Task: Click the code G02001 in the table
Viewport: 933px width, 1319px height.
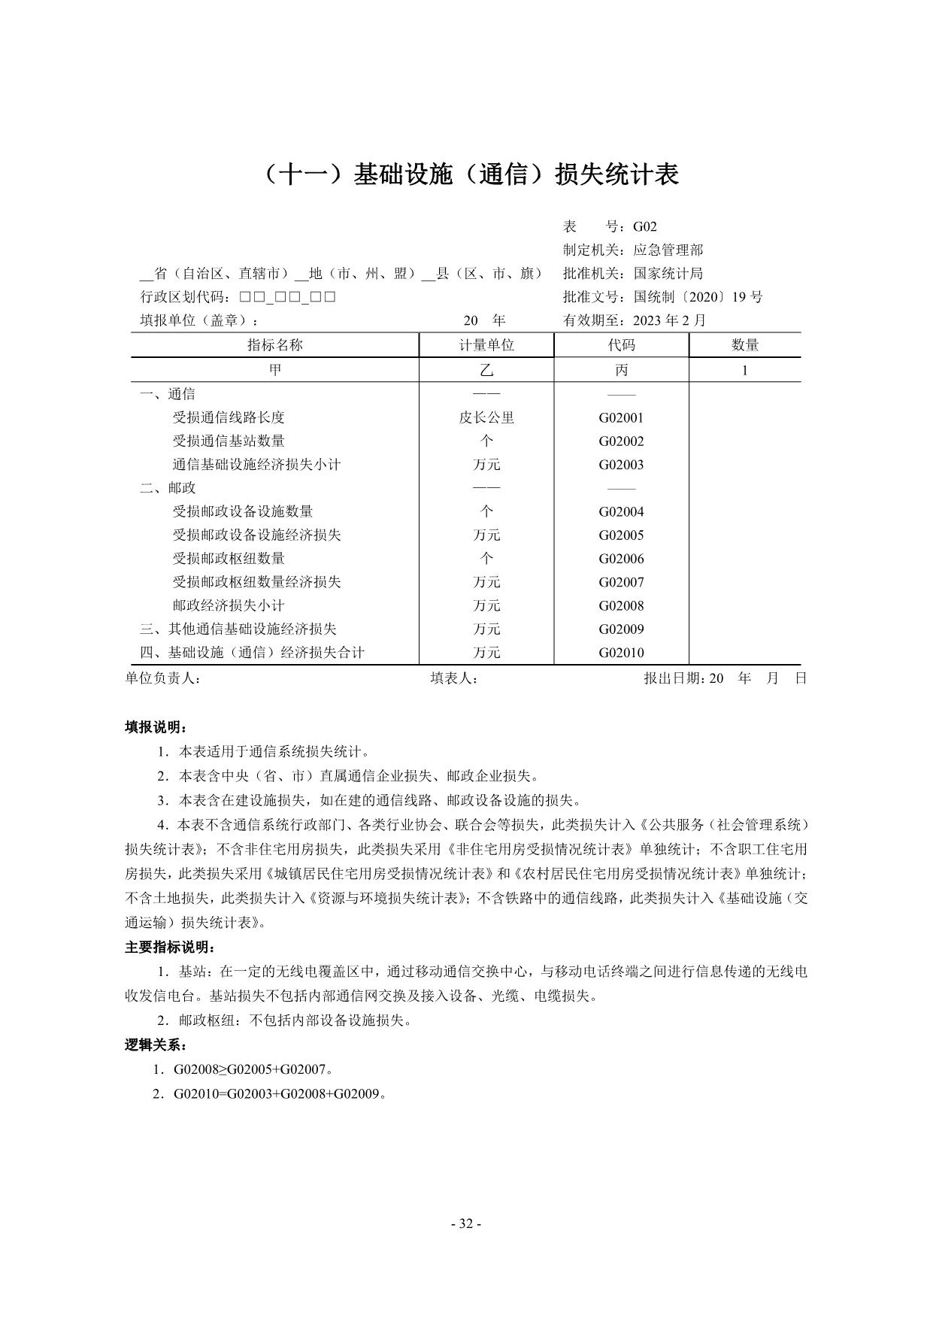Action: coord(621,417)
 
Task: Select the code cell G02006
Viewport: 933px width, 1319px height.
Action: coord(621,559)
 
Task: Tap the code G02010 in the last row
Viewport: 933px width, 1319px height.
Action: coord(621,653)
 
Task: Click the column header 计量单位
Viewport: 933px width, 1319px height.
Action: coord(486,345)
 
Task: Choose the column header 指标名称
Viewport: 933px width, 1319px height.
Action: coord(275,345)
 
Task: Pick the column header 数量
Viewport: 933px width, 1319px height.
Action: coord(745,345)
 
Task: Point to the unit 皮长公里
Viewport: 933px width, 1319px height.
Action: coord(486,417)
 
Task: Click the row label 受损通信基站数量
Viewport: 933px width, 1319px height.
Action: coord(229,441)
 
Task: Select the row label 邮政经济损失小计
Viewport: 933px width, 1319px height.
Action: coord(229,605)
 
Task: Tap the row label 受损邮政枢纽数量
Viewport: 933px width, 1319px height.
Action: coord(229,559)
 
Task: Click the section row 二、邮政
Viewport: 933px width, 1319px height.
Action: coord(168,488)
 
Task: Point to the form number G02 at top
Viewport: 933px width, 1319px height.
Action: coord(645,226)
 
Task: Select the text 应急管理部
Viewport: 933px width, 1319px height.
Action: coord(668,250)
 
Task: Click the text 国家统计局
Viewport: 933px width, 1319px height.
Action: coord(668,273)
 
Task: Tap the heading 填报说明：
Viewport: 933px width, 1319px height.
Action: coord(156,727)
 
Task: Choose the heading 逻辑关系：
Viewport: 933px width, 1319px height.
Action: coord(156,1045)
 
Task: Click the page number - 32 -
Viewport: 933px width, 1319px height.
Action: coord(466,1223)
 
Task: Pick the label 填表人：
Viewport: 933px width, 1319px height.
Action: coord(455,678)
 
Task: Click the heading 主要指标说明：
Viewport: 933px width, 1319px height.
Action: coord(170,947)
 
